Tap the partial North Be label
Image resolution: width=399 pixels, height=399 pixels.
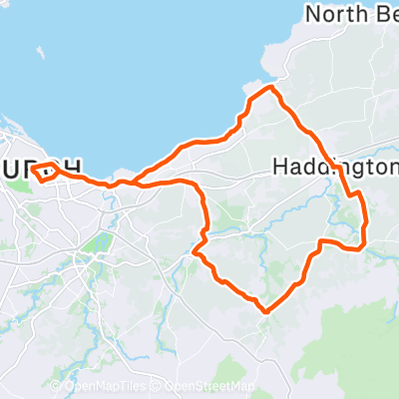[352, 14]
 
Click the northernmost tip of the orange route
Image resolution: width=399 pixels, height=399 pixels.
[267, 89]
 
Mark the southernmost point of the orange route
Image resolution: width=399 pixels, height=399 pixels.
[266, 311]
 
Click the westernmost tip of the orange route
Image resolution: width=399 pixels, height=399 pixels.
[33, 171]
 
